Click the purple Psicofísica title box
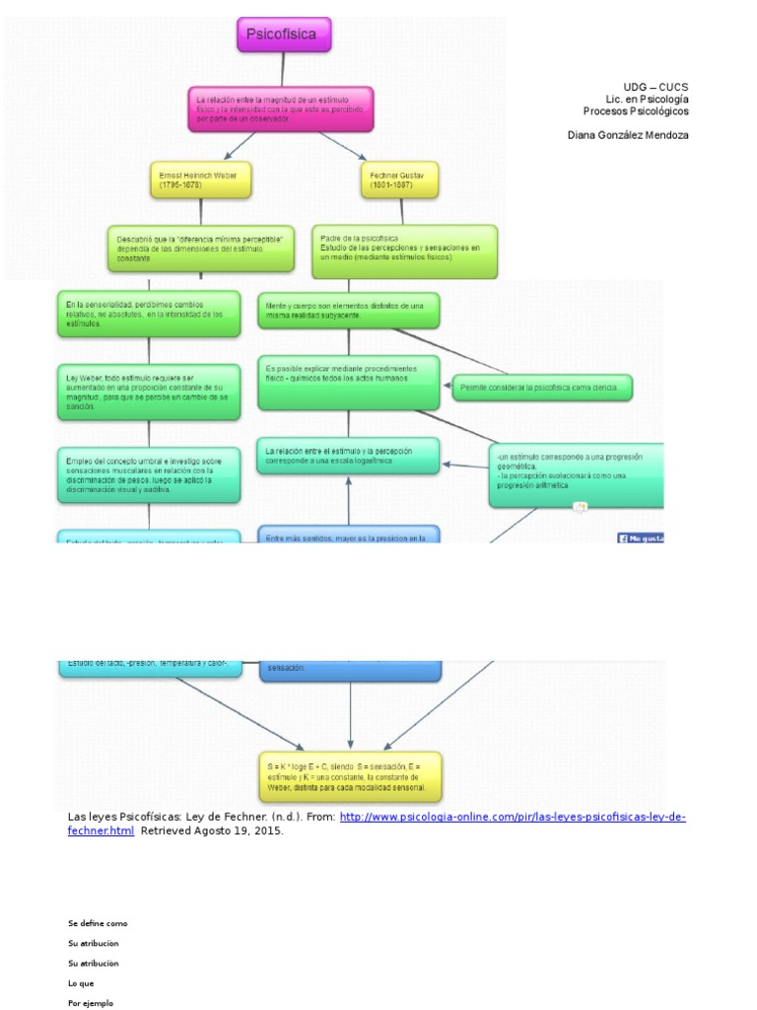click(x=284, y=35)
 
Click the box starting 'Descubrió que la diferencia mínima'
click(x=200, y=248)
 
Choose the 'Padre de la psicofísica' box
click(x=404, y=251)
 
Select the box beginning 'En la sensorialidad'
click(x=148, y=314)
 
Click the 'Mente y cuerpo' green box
click(x=348, y=311)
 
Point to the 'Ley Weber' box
click(x=148, y=392)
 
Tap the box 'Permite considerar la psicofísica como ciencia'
click(x=541, y=389)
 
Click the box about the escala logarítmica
click(x=348, y=456)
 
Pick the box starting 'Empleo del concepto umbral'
click(x=148, y=474)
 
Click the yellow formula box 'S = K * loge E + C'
click(x=351, y=776)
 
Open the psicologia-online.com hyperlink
click(x=513, y=818)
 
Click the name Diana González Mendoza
click(x=628, y=135)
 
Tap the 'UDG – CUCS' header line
click(x=655, y=87)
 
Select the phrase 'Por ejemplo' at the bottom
click(x=91, y=1003)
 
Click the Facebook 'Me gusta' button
click(x=641, y=538)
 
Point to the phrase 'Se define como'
click(x=98, y=923)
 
